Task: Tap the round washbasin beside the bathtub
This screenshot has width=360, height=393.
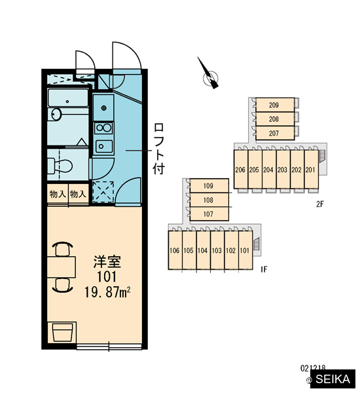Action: click(x=56, y=114)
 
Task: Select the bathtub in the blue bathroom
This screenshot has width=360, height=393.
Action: click(x=68, y=98)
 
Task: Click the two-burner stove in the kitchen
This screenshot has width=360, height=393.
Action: click(x=103, y=128)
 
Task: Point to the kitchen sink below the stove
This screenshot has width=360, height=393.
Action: click(x=103, y=146)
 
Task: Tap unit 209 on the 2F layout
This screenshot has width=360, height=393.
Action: click(x=275, y=105)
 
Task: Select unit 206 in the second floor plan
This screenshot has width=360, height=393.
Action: click(x=240, y=169)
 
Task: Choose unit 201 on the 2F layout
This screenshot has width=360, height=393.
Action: click(x=311, y=169)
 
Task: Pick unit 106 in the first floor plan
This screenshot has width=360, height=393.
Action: click(x=175, y=250)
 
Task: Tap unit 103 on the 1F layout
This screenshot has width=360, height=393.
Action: click(x=217, y=250)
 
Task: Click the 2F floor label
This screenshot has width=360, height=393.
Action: click(x=320, y=204)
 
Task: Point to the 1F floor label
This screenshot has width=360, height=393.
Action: click(x=264, y=269)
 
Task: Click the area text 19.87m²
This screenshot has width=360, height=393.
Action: click(x=107, y=292)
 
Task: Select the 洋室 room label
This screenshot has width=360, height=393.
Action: click(x=107, y=261)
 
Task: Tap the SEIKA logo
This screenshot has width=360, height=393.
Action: click(x=333, y=379)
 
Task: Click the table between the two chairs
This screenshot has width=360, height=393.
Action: click(x=62, y=267)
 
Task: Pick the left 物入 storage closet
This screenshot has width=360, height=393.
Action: click(x=58, y=194)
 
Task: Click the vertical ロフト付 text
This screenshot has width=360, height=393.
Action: click(x=159, y=149)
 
